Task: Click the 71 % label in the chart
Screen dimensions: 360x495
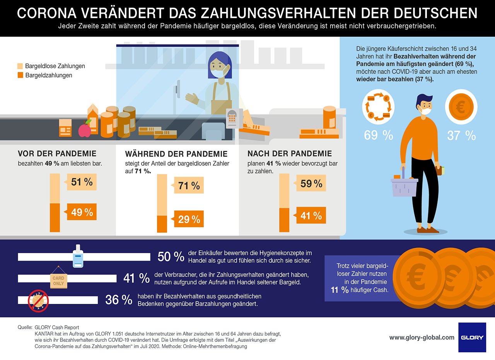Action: point(189,185)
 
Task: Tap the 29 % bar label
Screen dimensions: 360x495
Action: point(189,219)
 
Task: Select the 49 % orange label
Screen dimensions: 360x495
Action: point(82,212)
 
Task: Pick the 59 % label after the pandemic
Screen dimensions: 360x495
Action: point(311,183)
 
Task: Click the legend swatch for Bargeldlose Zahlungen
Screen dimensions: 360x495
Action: point(21,66)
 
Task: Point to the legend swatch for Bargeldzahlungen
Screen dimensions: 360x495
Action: point(21,75)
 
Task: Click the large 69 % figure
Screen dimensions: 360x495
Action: point(379,135)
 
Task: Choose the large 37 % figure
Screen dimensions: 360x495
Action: point(461,135)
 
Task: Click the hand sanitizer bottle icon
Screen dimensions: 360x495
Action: point(78,256)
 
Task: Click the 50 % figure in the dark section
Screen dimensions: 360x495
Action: point(171,257)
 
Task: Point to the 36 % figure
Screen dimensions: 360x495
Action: point(119,300)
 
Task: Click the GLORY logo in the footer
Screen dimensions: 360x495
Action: point(472,337)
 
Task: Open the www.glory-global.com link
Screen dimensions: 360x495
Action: point(422,338)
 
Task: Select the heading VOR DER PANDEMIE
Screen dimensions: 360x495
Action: point(57,154)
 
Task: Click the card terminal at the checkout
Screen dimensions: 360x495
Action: point(233,118)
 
